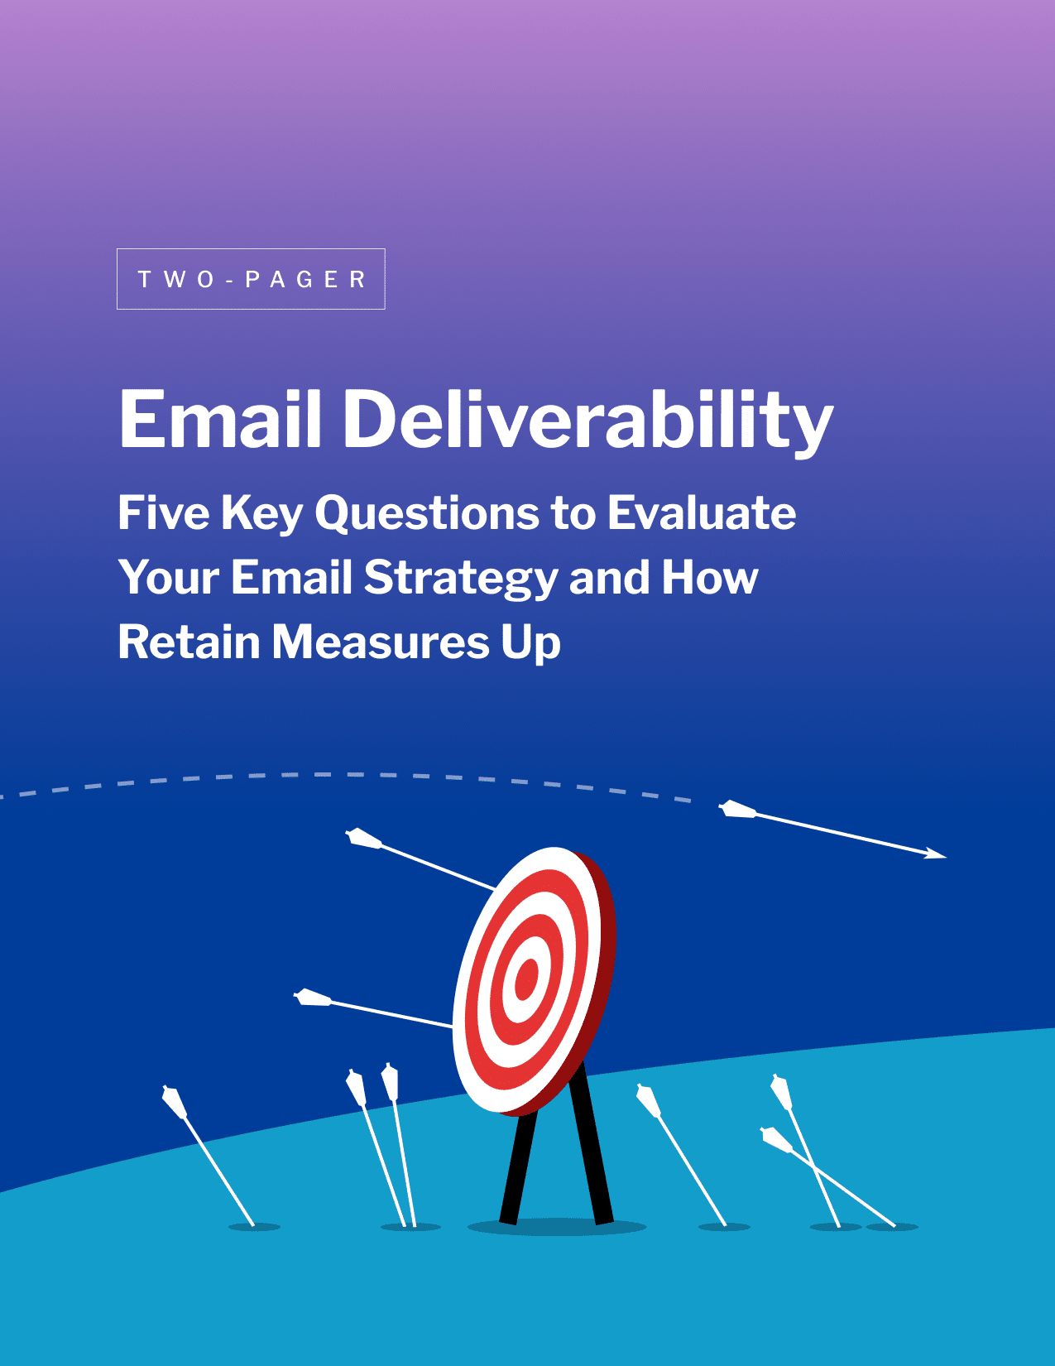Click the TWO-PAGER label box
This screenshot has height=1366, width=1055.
251,279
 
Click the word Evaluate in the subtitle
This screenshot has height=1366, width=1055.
702,513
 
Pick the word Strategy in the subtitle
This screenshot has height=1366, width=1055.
460,578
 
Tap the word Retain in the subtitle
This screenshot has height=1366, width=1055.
189,642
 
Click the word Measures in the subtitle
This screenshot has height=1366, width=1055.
381,642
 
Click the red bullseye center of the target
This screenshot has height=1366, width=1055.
526,982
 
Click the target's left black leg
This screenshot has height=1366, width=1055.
519,1167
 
